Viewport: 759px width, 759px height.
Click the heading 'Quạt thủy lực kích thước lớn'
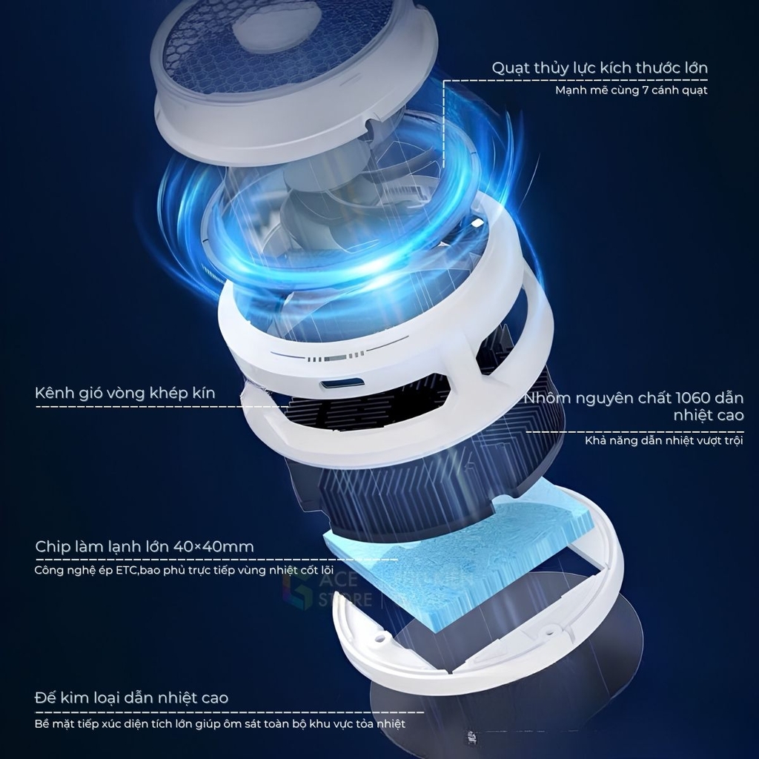point(600,67)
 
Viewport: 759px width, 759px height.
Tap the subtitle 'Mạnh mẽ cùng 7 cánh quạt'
point(632,90)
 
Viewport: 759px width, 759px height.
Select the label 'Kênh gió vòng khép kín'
point(125,393)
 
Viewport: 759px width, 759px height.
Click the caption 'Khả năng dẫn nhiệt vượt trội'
point(663,440)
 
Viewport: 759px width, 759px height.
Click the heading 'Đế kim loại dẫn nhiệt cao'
point(132,698)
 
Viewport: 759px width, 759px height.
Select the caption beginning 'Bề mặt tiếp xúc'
point(219,724)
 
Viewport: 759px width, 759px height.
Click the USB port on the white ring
point(342,385)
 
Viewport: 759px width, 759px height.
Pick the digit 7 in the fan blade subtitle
point(646,90)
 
